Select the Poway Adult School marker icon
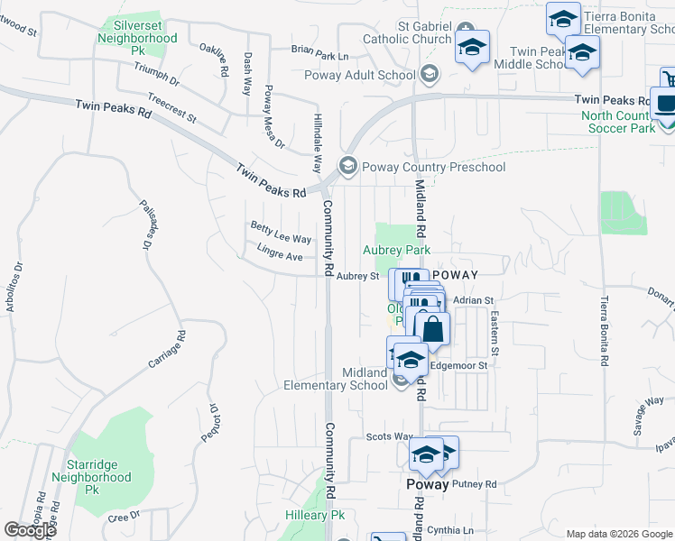click(430, 75)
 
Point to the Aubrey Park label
click(397, 250)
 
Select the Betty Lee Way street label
click(281, 234)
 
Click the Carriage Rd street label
click(168, 349)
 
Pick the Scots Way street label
click(389, 436)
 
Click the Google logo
click(30, 530)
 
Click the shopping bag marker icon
click(433, 330)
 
